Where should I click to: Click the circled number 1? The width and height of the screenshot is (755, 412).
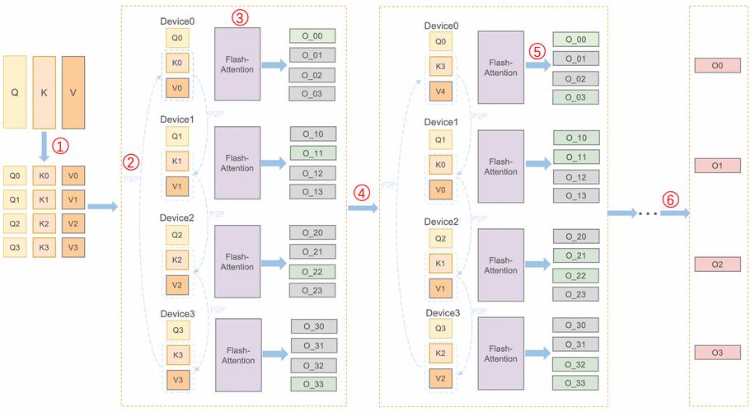coord(60,145)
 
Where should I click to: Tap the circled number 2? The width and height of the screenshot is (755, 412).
coord(130,162)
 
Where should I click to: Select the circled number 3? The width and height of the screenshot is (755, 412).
coord(240,18)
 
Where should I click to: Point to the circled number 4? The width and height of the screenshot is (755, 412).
coord(362,193)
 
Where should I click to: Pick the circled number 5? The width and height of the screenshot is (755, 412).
coord(537,51)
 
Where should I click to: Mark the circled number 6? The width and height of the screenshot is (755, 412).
coord(670,199)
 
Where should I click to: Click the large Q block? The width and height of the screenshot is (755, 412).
coord(15,92)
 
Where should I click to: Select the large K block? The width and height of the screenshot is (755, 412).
coord(44,92)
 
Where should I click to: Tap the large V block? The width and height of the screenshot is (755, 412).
coord(73,92)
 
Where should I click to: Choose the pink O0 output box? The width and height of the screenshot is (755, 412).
coord(717,65)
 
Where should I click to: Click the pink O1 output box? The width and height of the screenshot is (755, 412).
coord(717,166)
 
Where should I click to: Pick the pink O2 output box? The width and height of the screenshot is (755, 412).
coord(717,265)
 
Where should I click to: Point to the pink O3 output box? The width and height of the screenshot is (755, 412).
coord(717,353)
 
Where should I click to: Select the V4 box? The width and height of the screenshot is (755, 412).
coord(441,91)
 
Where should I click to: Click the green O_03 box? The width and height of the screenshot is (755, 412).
coord(575,97)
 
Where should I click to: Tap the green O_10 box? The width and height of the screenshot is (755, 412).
coord(576,138)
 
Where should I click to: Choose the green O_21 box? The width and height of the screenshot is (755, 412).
coord(576,255)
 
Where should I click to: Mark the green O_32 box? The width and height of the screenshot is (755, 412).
coord(575,365)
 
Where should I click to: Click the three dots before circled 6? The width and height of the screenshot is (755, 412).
coord(648,213)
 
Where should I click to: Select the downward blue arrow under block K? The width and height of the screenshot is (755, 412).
coord(44,147)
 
